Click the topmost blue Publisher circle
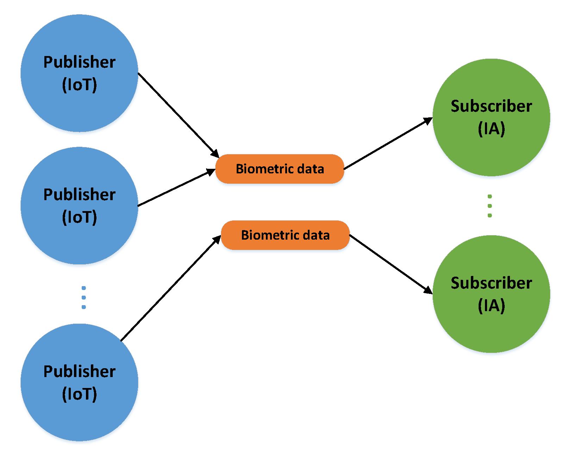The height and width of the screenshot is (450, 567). pyautogui.click(x=79, y=106)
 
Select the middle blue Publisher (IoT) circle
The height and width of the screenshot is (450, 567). pyautogui.click(x=79, y=240)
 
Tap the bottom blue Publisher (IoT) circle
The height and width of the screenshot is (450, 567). pyautogui.click(x=79, y=416)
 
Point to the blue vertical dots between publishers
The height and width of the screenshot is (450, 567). pyautogui.click(x=83, y=297)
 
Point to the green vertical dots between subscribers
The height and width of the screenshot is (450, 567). pyautogui.click(x=490, y=206)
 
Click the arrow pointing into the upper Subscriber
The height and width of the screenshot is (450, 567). pyautogui.click(x=387, y=144)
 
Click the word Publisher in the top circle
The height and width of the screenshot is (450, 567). pyautogui.click(x=79, y=62)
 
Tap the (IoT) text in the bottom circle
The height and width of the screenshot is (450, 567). pyautogui.click(x=79, y=394)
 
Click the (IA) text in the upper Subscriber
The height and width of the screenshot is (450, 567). pyautogui.click(x=491, y=129)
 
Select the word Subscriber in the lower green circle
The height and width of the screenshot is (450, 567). pyautogui.click(x=491, y=283)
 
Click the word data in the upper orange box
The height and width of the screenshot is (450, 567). pyautogui.click(x=310, y=169)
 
